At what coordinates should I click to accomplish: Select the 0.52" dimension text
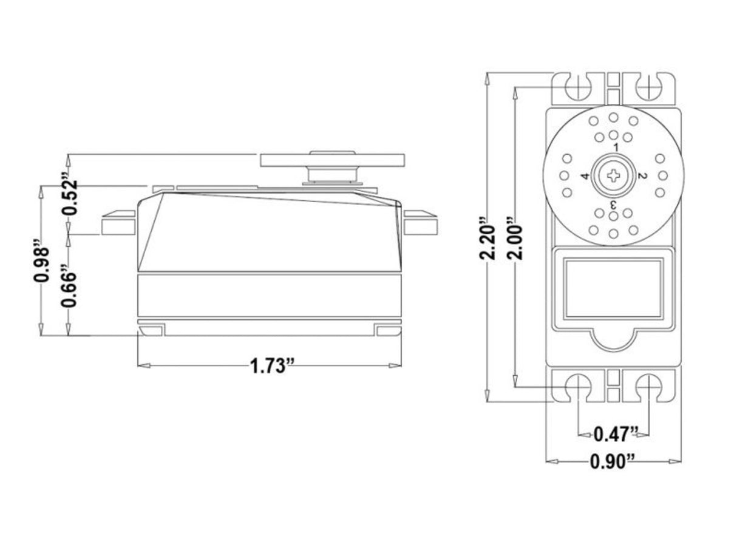tap(70, 195)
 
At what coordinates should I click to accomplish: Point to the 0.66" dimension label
tap(70, 286)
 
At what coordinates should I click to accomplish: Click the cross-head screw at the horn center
tap(614, 176)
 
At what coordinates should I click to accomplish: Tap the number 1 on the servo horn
tap(616, 148)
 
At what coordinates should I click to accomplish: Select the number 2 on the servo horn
tap(642, 176)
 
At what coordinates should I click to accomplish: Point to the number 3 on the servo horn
tap(614, 204)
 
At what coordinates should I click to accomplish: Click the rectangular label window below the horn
tap(613, 286)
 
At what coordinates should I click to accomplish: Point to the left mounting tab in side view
tap(118, 223)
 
